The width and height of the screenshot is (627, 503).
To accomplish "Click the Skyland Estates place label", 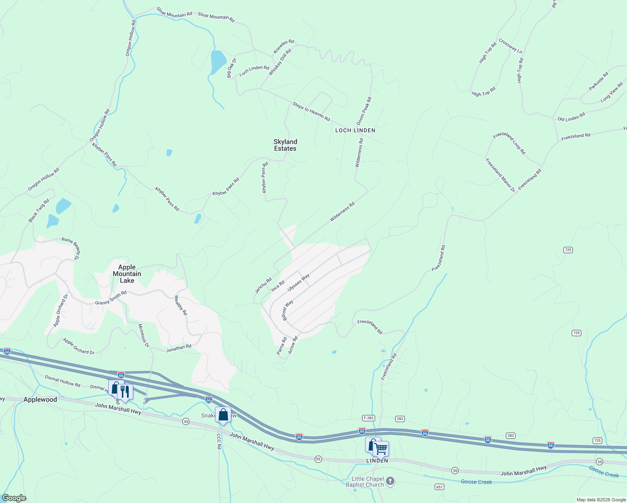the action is point(285,145).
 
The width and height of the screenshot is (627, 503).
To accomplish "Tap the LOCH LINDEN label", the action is point(355,130).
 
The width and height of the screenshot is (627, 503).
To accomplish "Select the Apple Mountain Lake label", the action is point(127,274).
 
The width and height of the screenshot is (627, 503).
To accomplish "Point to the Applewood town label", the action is point(40,399).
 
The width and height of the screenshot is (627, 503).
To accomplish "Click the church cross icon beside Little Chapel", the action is point(390,481).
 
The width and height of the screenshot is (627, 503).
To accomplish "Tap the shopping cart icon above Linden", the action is point(381,449).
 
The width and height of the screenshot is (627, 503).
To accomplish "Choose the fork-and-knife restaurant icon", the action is point(124,391).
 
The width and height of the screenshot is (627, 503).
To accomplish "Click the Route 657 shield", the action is point(439,487).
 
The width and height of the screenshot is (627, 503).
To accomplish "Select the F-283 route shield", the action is point(368,418).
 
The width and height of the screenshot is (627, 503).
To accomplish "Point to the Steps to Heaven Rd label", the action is point(311,111).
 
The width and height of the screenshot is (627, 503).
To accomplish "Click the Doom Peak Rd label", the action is point(364,111).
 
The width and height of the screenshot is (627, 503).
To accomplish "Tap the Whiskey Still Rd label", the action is point(280,62).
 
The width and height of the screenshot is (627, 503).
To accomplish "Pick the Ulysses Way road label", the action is point(298,283).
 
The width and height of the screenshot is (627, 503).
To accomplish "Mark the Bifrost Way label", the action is point(288,310).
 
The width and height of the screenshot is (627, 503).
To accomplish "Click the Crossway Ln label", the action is point(510,47).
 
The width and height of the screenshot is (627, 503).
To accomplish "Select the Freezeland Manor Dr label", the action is point(500,175).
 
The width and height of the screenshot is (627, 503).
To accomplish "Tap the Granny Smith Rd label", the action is point(111,298).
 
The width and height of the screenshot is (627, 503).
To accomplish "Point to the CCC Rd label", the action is point(219,441).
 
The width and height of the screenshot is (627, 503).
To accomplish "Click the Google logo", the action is point(14,498).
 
